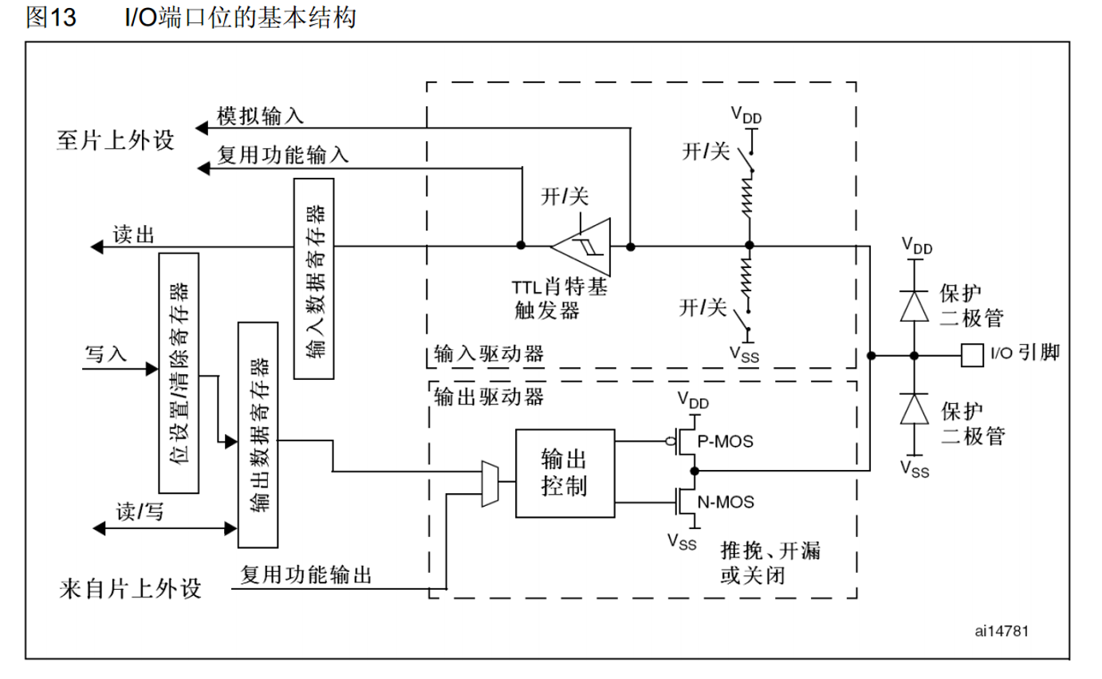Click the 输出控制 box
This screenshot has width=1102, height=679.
(565, 473)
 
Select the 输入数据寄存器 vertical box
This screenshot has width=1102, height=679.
(313, 278)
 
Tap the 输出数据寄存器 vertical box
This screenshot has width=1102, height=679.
(258, 434)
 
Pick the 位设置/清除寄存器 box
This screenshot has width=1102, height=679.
(179, 373)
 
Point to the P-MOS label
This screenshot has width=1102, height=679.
(725, 440)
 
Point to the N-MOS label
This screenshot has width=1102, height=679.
(726, 503)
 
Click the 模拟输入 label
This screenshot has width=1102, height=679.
(261, 117)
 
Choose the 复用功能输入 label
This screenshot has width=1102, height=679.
(283, 156)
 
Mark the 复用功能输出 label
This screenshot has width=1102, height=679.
(306, 574)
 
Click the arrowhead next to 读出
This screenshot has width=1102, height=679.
(96, 247)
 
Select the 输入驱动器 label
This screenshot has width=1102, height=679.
(488, 354)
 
